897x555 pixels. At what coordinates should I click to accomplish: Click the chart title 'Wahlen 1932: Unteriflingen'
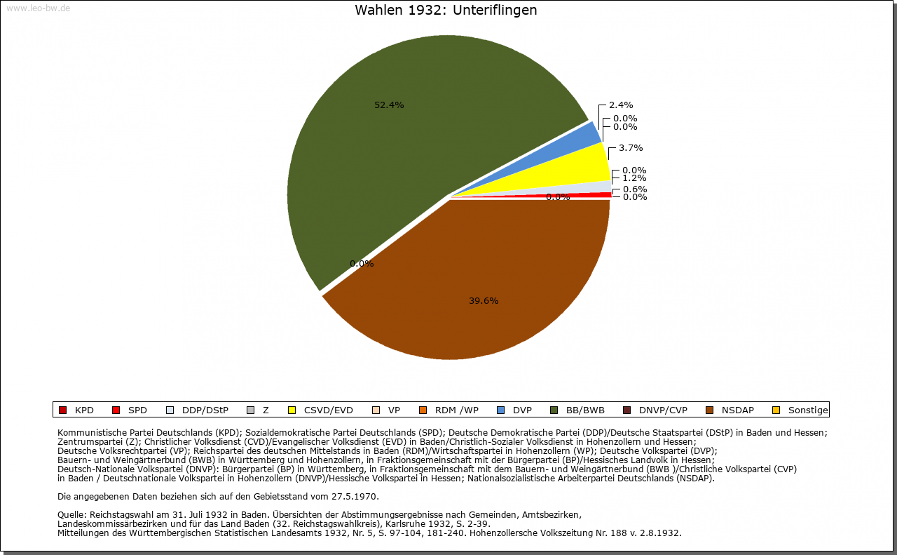(x=446, y=11)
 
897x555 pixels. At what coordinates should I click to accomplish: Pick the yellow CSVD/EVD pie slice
(x=575, y=165)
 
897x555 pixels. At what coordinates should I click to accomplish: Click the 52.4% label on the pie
(x=389, y=105)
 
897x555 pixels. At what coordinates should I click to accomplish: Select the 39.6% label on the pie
(x=484, y=301)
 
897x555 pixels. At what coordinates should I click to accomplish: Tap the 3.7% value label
(x=630, y=148)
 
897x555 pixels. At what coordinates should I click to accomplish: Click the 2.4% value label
(x=620, y=105)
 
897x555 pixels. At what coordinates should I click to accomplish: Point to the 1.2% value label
(x=634, y=178)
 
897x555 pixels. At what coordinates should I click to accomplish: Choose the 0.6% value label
(x=634, y=189)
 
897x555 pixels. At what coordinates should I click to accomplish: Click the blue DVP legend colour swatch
(x=500, y=410)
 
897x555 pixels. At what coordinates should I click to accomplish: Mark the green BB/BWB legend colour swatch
(x=554, y=410)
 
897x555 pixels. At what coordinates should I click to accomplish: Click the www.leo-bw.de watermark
(x=38, y=8)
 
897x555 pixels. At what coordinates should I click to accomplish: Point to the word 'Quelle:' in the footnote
(x=73, y=515)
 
